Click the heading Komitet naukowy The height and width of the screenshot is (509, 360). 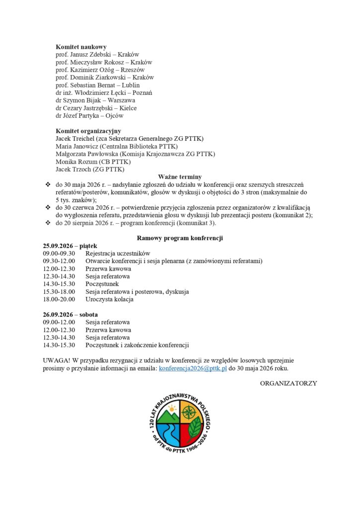click(81, 47)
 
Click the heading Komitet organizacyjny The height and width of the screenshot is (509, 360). click(89, 131)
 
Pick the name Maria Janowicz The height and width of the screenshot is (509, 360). click(77, 146)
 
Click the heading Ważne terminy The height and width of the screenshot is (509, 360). click(180, 177)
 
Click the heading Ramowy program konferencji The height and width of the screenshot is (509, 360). click(180, 238)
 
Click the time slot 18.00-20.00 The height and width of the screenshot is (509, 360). click(59, 299)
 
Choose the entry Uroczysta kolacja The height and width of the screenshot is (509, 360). click(109, 299)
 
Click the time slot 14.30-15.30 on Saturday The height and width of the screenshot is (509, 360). click(59, 345)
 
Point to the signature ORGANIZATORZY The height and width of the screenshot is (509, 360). click(288, 383)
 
